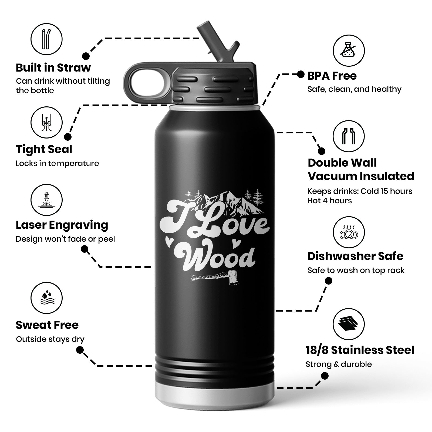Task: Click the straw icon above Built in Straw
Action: [x=46, y=39]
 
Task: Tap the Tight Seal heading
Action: [x=44, y=149]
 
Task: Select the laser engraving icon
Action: [x=46, y=200]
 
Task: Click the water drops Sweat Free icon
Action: [x=46, y=298]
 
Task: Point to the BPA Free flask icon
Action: [x=348, y=50]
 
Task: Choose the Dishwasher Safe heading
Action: [x=355, y=256]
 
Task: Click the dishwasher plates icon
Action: [x=348, y=232]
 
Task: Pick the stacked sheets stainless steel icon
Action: [x=348, y=324]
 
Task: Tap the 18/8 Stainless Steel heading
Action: [x=360, y=350]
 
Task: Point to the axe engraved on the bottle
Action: [x=215, y=278]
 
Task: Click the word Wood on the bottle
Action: [x=216, y=256]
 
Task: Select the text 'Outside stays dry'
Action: [x=50, y=339]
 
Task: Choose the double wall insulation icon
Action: [x=348, y=136]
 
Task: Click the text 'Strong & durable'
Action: [x=339, y=364]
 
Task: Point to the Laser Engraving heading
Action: [x=62, y=225]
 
